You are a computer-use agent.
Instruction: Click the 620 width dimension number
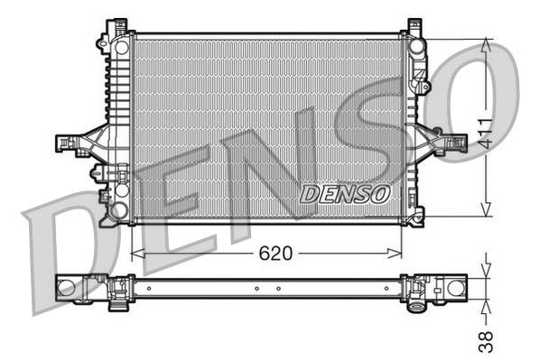point(276,254)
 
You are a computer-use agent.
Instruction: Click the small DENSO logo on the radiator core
point(343,194)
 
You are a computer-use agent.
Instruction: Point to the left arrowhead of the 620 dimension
point(137,254)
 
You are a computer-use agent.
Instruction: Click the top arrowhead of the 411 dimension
point(487,43)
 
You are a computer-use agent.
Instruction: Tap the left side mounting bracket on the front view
point(72,143)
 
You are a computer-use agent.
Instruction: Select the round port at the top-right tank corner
point(415,45)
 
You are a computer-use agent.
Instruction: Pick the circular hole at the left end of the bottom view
point(65,288)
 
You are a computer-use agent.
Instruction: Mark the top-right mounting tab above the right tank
point(414,25)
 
